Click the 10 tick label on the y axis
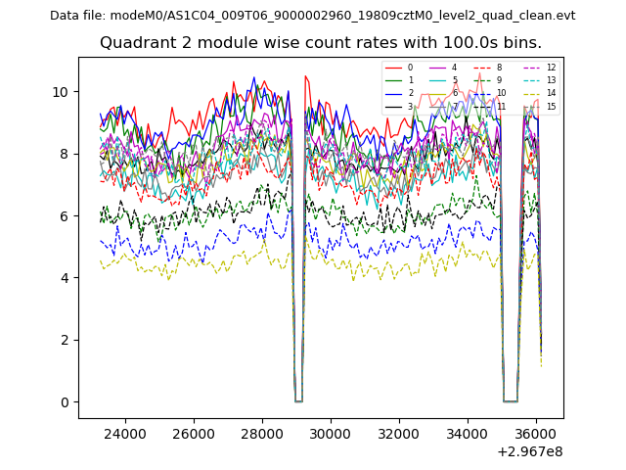tap(61, 92)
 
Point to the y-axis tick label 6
tap(65, 216)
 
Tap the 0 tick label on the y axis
tap(65, 402)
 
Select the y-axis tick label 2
tap(65, 341)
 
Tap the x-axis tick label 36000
tap(535, 433)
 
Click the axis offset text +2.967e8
tap(530, 451)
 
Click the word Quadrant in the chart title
tap(132, 43)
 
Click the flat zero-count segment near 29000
tap(298, 400)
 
